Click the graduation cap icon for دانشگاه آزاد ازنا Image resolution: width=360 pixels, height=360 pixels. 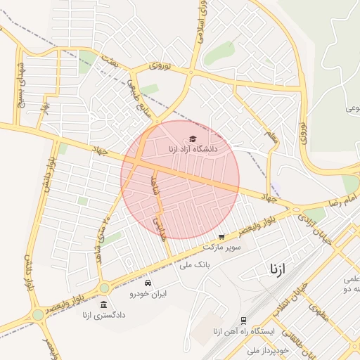point(193,139)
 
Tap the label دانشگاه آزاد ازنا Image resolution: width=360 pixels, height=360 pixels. point(193,149)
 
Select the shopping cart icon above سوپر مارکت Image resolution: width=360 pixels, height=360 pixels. point(221,237)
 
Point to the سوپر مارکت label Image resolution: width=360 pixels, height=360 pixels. point(221,247)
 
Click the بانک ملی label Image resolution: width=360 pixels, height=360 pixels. point(195,264)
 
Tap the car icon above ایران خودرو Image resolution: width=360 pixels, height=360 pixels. point(147,283)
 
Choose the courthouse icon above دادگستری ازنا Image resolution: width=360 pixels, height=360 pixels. point(104,305)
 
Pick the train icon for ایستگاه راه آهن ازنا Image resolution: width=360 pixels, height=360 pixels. point(244,321)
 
